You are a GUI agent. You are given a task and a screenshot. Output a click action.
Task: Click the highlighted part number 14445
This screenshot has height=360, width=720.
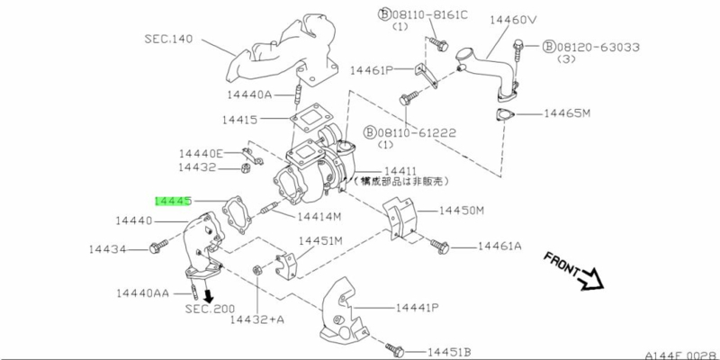pyautogui.click(x=172, y=202)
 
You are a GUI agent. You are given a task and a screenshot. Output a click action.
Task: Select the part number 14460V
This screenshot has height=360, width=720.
pyautogui.click(x=512, y=19)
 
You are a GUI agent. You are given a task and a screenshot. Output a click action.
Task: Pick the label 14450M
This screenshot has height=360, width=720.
pyautogui.click(x=461, y=211)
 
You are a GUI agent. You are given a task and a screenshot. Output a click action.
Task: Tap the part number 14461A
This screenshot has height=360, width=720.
pyautogui.click(x=499, y=245)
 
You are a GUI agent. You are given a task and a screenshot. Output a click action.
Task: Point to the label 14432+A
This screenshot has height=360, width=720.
pyautogui.click(x=258, y=319)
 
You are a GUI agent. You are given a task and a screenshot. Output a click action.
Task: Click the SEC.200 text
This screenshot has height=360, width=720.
pyautogui.click(x=210, y=309)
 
